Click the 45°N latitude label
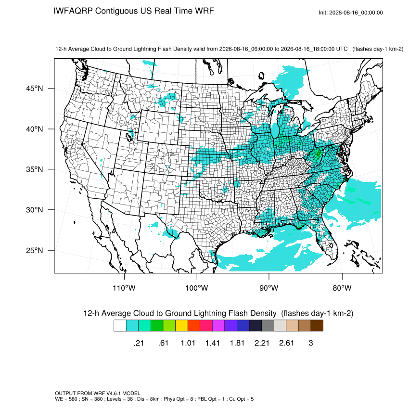click(34, 89)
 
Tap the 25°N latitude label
click(34, 250)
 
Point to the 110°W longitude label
click(124, 288)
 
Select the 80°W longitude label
click(342, 288)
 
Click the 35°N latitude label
click(34, 169)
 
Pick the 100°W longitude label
click(197, 288)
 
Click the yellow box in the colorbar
click(181, 326)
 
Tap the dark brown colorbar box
click(317, 326)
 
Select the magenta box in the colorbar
click(218, 326)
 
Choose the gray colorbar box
click(268, 326)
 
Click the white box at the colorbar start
click(120, 326)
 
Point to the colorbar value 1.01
click(188, 343)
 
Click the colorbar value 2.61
click(286, 343)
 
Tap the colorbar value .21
click(139, 343)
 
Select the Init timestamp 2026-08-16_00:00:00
click(356, 13)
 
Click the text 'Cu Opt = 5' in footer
click(241, 399)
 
